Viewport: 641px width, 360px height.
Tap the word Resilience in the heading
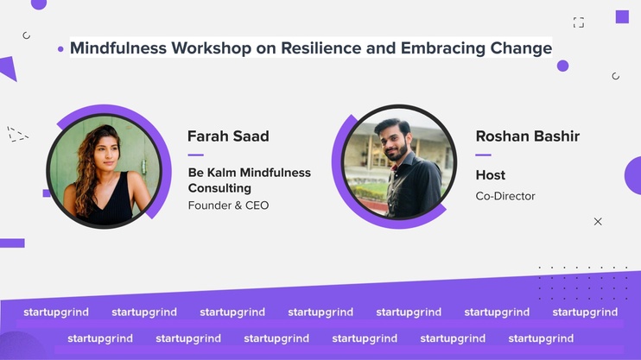320,47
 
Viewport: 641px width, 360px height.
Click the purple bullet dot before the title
61,49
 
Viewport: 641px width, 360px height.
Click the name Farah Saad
228,136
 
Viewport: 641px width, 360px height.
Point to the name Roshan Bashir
527,136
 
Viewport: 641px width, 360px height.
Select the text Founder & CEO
228,205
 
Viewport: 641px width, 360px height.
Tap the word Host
490,175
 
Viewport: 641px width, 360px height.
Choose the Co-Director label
505,196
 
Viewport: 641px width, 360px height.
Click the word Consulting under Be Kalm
219,188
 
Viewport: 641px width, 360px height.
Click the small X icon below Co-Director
598,222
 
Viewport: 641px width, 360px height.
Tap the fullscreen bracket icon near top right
579,22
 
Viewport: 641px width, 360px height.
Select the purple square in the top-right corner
622,16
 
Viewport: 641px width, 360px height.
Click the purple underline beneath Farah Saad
196,155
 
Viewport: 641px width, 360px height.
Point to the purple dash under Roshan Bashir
483,155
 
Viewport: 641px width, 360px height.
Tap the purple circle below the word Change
563,66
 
